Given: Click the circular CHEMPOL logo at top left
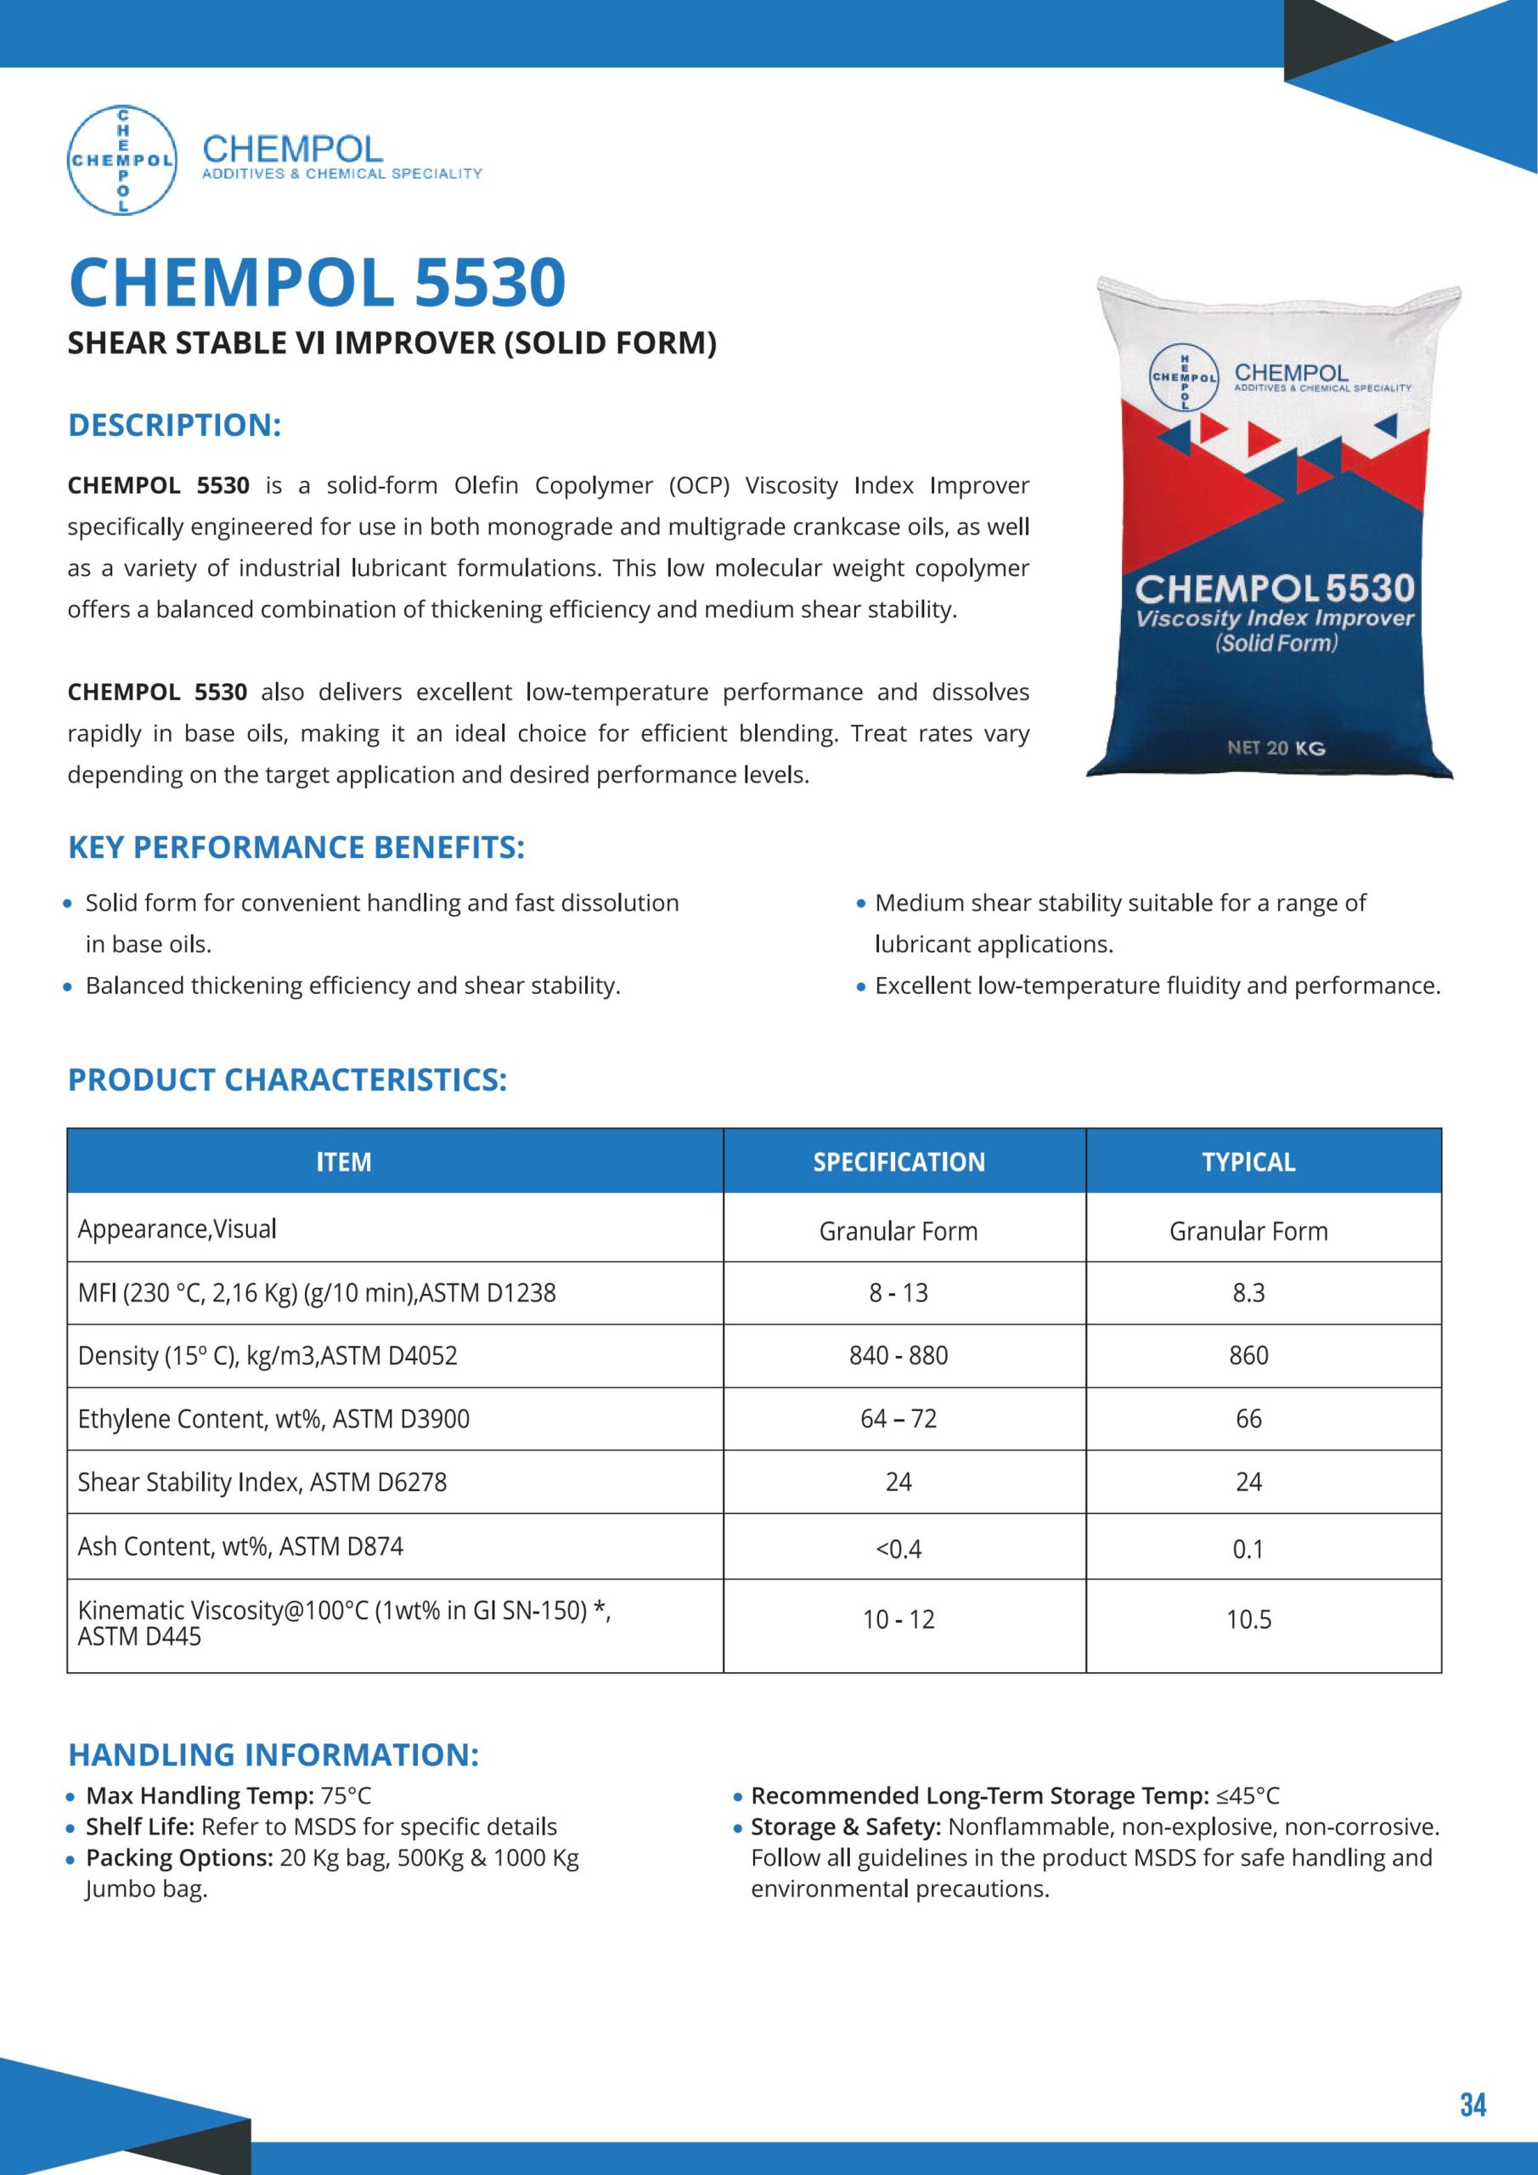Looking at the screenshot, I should pos(122,160).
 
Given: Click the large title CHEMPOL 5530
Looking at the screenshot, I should pos(318,282).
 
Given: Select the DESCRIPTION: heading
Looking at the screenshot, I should pos(174,426).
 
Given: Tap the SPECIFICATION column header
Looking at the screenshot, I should pos(899,1161).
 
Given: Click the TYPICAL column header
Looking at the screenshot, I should pos(1248,1161).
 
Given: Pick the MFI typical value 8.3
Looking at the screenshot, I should pos(1248,1293).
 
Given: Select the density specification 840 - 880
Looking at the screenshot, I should pos(899,1356).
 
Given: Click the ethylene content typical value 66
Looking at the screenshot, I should pos(1248,1419).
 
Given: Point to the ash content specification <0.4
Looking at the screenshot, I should pos(899,1549).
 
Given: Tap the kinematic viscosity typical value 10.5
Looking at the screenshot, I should pos(1248,1620).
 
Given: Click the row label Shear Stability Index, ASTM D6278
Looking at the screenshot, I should pos(262,1483).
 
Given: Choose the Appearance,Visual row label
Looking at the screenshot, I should pos(177,1229).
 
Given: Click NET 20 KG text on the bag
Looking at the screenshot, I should pos(1276,749).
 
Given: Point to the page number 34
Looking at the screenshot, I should pos(1473,2104).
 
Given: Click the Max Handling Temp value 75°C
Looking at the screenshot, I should pos(346,1796).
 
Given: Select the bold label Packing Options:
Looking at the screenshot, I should pos(179,1859).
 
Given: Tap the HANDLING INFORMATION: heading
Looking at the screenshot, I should pos(273,1754).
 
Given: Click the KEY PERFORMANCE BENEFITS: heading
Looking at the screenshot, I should pos(296,848).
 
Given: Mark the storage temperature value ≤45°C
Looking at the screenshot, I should pos(1248,1796).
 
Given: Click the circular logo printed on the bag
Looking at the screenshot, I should pos(1184,378).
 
